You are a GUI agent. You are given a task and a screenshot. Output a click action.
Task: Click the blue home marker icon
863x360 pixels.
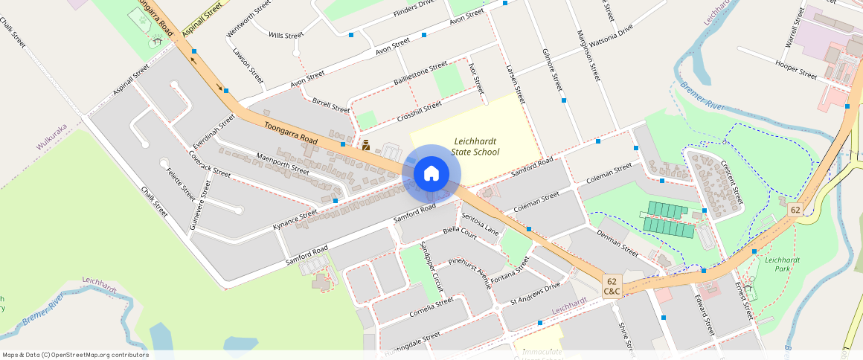click(431, 174)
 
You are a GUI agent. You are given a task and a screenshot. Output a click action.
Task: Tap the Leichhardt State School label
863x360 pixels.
click(475, 147)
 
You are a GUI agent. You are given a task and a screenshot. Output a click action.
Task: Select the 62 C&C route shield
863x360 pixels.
click(612, 286)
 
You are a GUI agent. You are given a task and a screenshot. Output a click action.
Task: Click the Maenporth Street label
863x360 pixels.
click(282, 162)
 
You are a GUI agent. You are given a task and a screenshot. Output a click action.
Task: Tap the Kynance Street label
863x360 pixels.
click(295, 219)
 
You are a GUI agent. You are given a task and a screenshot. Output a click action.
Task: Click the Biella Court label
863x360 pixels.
click(459, 232)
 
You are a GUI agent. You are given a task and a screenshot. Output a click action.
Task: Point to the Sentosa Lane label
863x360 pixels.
click(480, 224)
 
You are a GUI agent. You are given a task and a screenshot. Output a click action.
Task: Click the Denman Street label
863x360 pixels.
click(617, 243)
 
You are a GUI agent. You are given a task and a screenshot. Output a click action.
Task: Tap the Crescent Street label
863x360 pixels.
click(731, 184)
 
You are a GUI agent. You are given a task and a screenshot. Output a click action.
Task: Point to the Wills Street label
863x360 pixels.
click(286, 35)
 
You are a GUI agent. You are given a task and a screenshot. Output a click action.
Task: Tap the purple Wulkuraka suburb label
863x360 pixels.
click(52, 137)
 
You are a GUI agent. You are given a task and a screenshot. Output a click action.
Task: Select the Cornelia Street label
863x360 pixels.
click(431, 307)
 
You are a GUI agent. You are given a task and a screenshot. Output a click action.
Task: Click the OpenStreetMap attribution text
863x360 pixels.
click(76, 355)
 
